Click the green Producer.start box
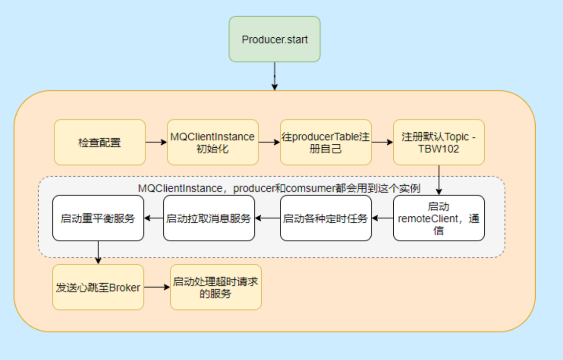click(x=274, y=39)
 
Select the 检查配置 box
click(x=100, y=142)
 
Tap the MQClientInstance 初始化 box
click(x=212, y=142)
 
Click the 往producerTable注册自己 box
click(x=325, y=142)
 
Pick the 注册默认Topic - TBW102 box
click(x=439, y=142)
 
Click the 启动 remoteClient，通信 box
click(x=439, y=218)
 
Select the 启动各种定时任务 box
click(x=325, y=218)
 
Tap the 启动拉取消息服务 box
click(x=208, y=218)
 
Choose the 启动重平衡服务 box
click(x=98, y=218)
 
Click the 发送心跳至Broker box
click(x=98, y=287)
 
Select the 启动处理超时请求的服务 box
click(x=216, y=287)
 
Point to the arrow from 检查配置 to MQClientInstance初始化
click(x=156, y=142)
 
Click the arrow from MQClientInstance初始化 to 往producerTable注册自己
click(x=269, y=142)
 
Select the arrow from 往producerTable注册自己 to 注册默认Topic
click(x=382, y=142)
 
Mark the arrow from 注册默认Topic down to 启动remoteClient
click(x=439, y=180)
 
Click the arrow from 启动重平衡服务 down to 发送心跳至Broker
click(x=98, y=252)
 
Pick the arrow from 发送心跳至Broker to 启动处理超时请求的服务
click(x=157, y=287)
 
